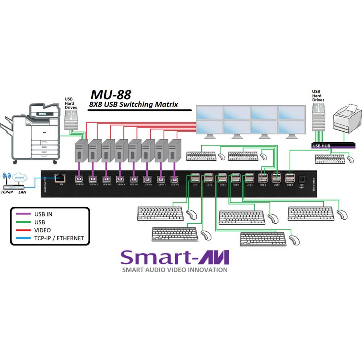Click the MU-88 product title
point(110,95)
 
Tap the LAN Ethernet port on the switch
point(59,178)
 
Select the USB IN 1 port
point(79,178)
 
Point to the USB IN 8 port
point(174,178)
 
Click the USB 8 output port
point(290,178)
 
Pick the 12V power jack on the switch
point(301,178)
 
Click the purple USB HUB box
point(329,146)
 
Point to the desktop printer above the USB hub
point(347,119)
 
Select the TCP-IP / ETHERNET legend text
point(59,238)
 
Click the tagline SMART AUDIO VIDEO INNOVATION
point(175,270)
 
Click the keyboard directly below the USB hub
point(330,159)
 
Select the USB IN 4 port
point(121,178)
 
